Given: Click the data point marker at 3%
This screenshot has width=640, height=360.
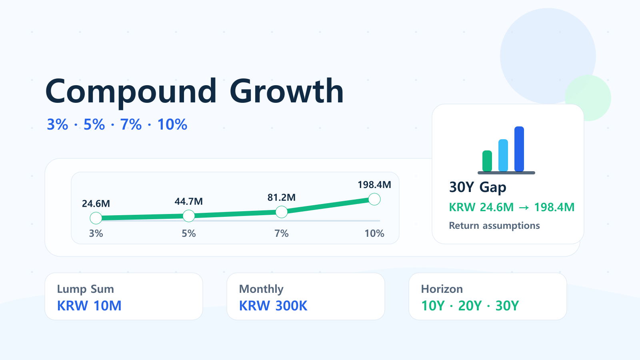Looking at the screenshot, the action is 96,218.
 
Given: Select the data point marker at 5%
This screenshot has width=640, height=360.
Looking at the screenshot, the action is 188,216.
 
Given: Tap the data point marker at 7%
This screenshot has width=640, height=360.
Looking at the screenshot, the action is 282,212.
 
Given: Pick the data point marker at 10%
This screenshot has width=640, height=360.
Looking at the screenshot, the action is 374,199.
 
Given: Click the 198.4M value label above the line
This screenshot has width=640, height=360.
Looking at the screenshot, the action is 374,185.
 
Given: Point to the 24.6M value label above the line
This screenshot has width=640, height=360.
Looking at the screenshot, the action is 96,204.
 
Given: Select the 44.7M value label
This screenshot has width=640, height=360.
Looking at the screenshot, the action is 188,202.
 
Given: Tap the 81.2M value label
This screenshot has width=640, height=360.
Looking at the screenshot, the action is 282,198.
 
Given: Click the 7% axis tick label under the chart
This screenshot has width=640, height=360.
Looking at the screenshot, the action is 282,234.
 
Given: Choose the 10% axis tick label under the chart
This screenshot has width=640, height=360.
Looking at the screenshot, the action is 374,234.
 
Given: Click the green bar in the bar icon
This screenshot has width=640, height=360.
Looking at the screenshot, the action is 487,161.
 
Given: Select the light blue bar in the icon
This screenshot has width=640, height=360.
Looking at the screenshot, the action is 503,156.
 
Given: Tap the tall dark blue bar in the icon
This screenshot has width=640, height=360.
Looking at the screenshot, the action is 519,149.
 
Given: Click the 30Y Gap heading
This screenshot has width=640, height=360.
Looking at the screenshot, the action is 478,188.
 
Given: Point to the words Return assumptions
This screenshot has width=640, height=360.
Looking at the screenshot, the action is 494,226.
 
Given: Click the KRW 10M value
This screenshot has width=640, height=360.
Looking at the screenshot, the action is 89,306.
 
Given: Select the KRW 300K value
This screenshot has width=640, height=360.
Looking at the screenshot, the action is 273,306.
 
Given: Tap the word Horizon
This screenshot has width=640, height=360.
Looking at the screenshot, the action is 442,289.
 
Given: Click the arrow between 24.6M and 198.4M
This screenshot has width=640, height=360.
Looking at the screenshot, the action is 524,208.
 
